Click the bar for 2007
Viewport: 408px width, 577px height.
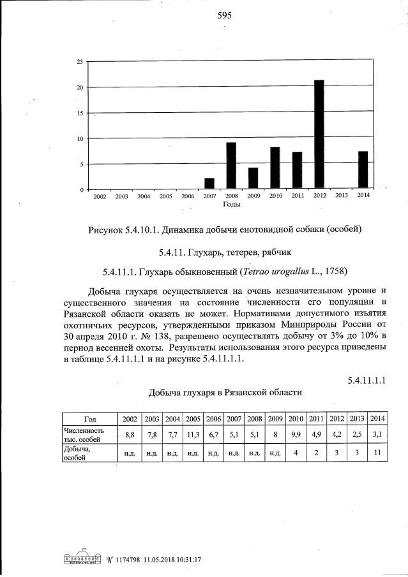[x=209, y=184]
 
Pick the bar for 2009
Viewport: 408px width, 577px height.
[x=253, y=179]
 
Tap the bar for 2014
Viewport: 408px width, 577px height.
[x=363, y=170]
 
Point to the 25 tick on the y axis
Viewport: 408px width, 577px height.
[x=79, y=62]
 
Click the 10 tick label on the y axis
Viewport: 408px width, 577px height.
[x=79, y=139]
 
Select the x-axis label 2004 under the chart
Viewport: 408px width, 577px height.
[x=144, y=196]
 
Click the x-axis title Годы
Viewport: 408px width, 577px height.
[x=231, y=205]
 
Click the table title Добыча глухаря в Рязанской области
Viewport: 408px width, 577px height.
[x=225, y=393]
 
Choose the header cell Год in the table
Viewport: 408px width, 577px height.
[x=90, y=419]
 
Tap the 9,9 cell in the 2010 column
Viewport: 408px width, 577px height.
[x=296, y=435]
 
